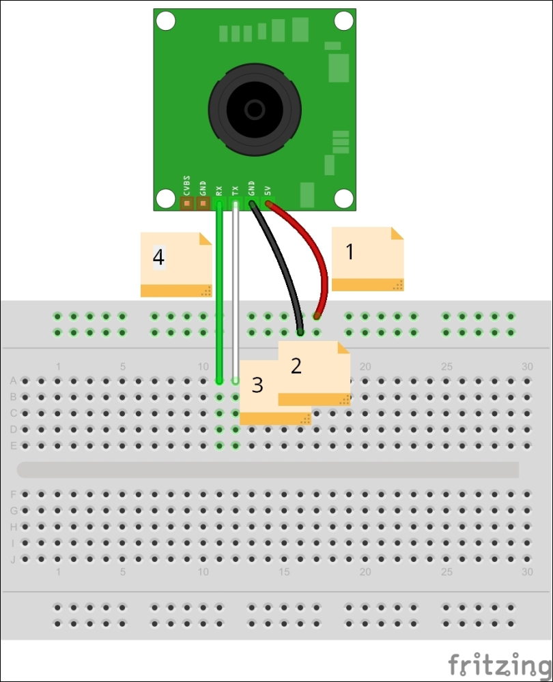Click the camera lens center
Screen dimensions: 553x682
254,110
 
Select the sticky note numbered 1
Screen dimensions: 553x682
367,258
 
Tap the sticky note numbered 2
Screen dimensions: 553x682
314,373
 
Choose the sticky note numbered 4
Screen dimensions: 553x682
176,265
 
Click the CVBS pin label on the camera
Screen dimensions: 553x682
187,186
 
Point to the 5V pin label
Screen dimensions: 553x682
268,190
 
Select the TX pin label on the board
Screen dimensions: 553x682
235,190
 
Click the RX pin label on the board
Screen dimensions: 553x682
219,190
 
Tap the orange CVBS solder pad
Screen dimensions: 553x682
187,203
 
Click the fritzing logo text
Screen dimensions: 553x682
500,665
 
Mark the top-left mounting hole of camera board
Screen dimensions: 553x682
165,21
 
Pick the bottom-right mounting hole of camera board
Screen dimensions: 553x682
343,198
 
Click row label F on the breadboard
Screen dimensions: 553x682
14,494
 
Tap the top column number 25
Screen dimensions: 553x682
446,367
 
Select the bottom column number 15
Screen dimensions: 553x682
284,572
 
